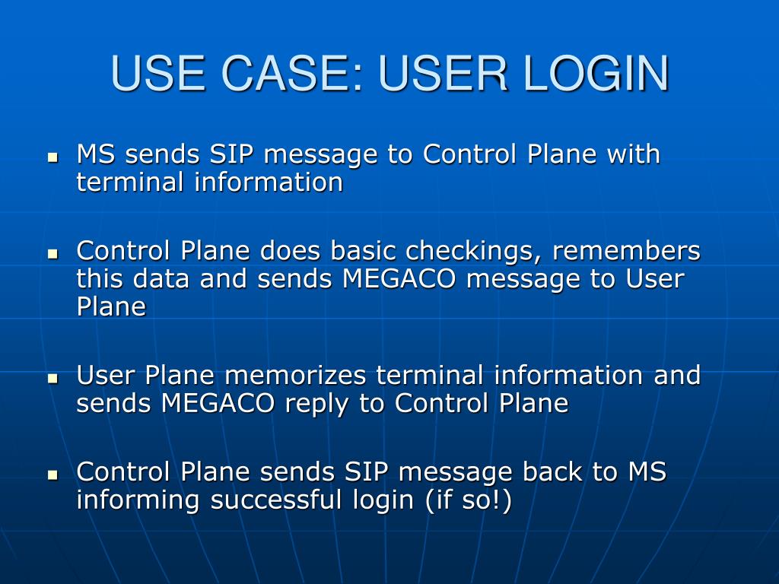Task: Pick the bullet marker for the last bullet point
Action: pyautogui.click(x=52, y=474)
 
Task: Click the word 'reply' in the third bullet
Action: pyautogui.click(x=317, y=404)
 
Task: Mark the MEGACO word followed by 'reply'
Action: pyautogui.click(x=218, y=404)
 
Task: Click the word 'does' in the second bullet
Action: pyautogui.click(x=291, y=250)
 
